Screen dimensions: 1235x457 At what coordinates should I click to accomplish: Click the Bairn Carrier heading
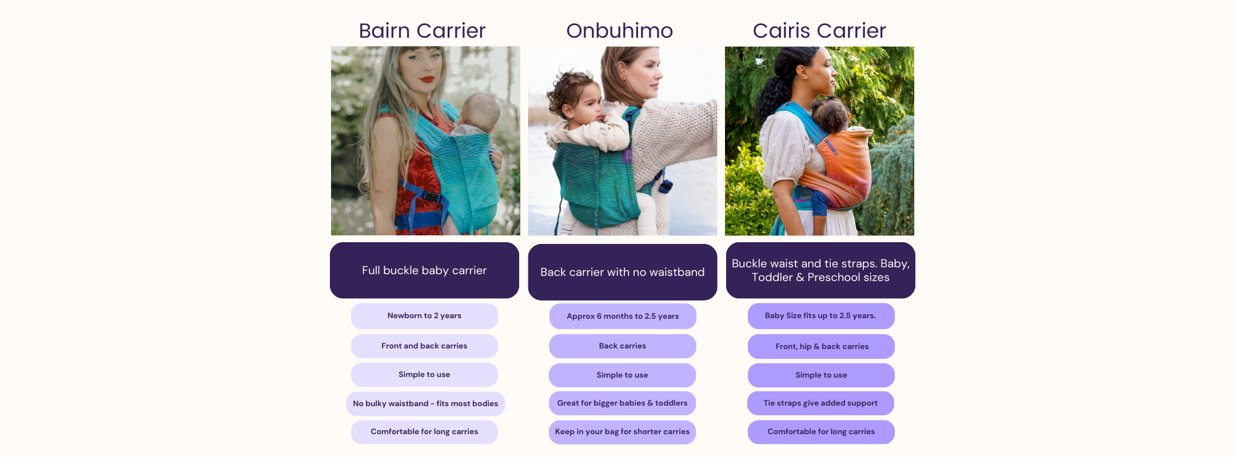(422, 30)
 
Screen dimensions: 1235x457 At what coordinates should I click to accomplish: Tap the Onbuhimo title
(620, 30)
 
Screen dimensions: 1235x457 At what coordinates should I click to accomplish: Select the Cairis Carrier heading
(819, 30)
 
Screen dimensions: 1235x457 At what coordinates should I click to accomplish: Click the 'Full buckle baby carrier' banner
(424, 270)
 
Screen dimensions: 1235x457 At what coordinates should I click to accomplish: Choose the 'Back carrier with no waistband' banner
(623, 272)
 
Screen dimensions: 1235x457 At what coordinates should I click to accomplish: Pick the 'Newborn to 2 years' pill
(424, 316)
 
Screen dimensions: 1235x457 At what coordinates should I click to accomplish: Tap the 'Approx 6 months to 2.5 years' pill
(623, 316)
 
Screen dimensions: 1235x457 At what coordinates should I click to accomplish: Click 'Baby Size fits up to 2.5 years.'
(820, 316)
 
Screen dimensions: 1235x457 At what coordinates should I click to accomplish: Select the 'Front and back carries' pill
(424, 346)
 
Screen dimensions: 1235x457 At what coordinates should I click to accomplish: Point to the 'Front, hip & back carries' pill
(822, 346)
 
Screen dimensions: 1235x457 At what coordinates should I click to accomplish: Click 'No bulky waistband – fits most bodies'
(425, 404)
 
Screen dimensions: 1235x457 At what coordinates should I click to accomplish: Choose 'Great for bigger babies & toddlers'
(622, 403)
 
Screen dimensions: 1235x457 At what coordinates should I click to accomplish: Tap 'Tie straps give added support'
(820, 403)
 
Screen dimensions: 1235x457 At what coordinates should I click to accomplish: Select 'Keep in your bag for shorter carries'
(622, 432)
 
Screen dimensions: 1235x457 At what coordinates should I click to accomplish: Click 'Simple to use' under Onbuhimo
(622, 375)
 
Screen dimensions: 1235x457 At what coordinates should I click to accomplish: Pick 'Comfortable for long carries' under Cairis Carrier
(821, 432)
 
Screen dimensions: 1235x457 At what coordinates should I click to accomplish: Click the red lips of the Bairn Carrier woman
(427, 79)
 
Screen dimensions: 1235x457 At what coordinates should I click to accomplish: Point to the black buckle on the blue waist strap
(431, 197)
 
